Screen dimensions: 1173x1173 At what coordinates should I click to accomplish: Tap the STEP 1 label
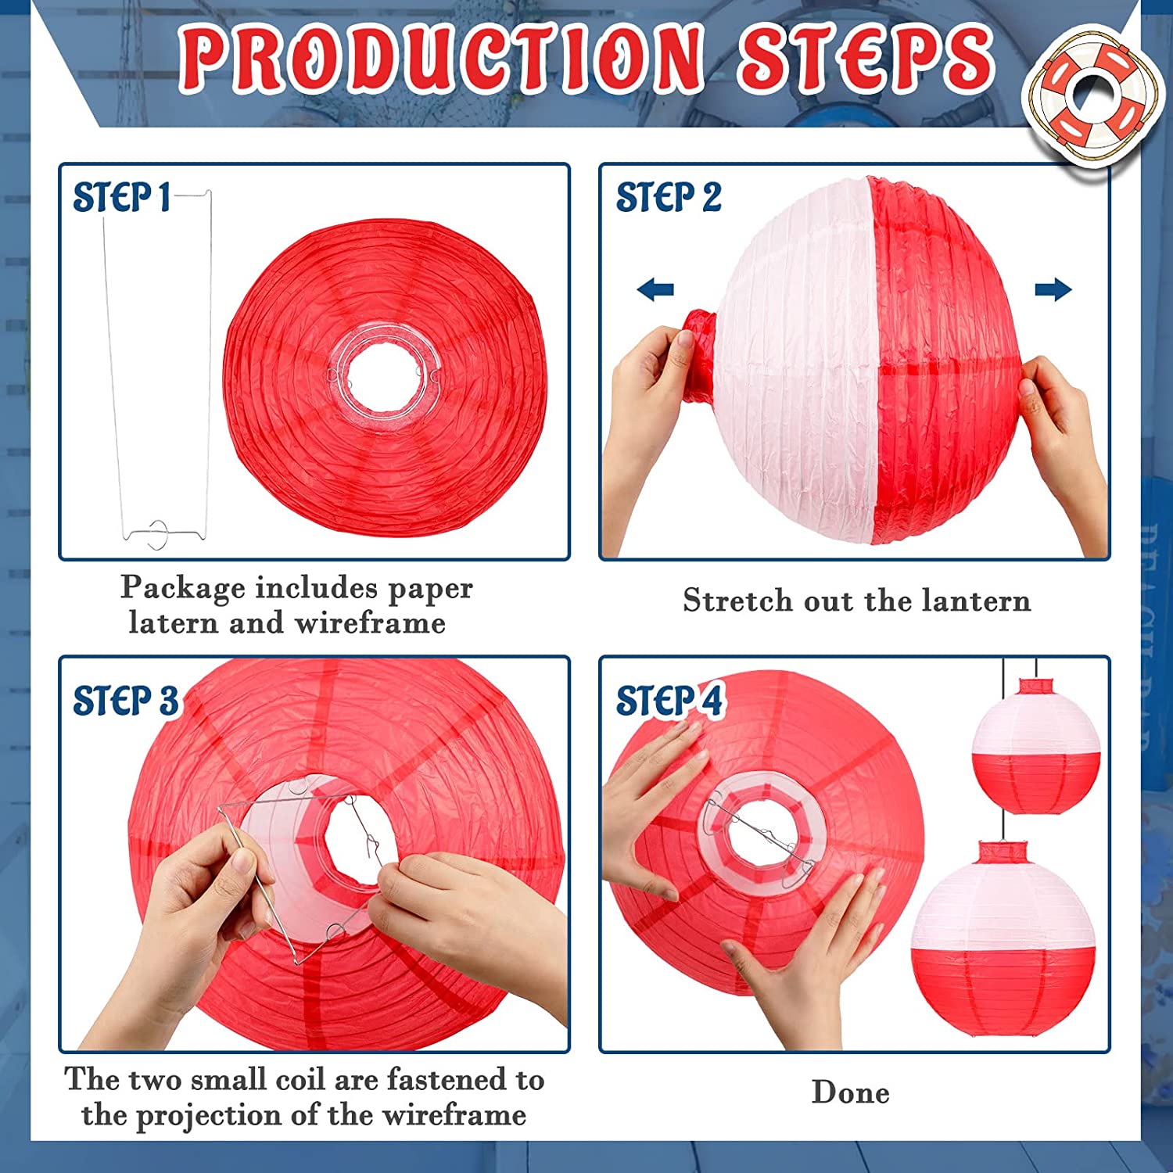tap(122, 197)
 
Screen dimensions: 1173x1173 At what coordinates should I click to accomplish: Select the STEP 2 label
tap(669, 197)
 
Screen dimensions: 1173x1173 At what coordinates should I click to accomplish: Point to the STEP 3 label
tap(125, 700)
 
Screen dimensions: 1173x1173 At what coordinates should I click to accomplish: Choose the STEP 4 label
tap(670, 700)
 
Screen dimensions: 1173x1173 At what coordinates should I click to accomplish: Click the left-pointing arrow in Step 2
tap(655, 290)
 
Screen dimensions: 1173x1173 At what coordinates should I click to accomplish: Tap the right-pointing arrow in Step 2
tap(1053, 289)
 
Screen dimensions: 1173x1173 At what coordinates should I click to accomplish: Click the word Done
tap(851, 1092)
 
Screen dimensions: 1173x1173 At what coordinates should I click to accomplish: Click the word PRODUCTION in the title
tap(441, 57)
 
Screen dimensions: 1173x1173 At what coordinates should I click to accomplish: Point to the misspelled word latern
tap(173, 623)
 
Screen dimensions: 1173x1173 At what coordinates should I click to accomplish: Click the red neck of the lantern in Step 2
tap(698, 356)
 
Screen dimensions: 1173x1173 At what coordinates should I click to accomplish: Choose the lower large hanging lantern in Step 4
tap(1003, 938)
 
